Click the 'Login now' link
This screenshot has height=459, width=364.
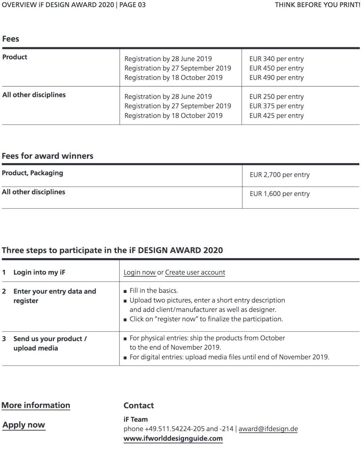point(140,272)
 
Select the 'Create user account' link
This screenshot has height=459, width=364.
point(195,272)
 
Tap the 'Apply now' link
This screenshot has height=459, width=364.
point(24,425)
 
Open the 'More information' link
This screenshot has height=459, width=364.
point(36,405)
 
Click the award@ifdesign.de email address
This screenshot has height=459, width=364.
point(268,429)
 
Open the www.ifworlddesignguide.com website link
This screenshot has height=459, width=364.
point(173,438)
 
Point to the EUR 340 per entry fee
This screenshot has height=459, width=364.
point(276,59)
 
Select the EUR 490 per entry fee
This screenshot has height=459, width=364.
point(276,78)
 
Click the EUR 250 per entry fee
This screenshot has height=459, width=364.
point(276,97)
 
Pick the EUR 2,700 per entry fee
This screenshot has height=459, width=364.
point(279,175)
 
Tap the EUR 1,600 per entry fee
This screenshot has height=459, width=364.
point(279,194)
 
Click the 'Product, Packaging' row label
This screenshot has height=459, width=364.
point(32,173)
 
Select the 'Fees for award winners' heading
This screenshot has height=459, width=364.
point(48,156)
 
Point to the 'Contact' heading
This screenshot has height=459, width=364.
point(139,406)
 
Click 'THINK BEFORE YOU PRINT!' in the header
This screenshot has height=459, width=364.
point(317,5)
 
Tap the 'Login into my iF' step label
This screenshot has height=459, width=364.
point(39,272)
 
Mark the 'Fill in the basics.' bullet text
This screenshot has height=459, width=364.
point(154,291)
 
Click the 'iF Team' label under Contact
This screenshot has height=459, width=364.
point(135,419)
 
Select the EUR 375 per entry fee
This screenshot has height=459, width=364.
point(276,106)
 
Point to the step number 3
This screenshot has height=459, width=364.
point(4,339)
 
